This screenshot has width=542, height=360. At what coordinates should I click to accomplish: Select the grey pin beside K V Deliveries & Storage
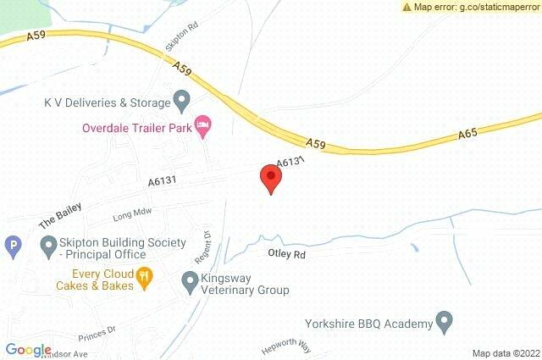pyautogui.click(x=181, y=102)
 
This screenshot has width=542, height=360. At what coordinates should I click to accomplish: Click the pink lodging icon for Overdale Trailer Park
pyautogui.click(x=203, y=127)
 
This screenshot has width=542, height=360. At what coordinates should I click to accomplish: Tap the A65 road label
pyautogui.click(x=469, y=134)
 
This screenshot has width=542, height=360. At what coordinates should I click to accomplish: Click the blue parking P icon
pyautogui.click(x=13, y=247)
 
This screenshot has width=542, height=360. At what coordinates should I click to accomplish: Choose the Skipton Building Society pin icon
pyautogui.click(x=48, y=247)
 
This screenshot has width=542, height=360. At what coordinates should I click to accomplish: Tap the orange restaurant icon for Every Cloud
pyautogui.click(x=145, y=275)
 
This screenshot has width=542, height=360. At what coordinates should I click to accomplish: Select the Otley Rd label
pyautogui.click(x=285, y=253)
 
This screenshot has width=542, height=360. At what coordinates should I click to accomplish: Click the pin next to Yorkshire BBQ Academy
pyautogui.click(x=445, y=323)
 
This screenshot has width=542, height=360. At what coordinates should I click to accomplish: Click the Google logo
pyautogui.click(x=28, y=350)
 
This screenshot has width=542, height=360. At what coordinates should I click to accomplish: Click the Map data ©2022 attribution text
pyautogui.click(x=505, y=353)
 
